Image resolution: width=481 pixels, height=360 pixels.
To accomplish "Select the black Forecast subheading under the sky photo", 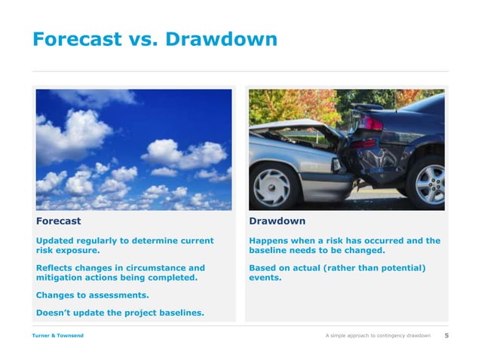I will [x=58, y=221].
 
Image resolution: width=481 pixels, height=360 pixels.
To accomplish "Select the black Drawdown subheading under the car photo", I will [x=277, y=221].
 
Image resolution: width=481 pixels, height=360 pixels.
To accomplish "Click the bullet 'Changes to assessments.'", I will [x=92, y=295].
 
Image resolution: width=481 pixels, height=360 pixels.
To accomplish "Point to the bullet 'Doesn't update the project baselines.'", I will [x=119, y=313].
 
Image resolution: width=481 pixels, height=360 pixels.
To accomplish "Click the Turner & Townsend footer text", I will [x=57, y=335].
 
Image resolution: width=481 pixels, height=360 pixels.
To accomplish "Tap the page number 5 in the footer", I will [x=446, y=335].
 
